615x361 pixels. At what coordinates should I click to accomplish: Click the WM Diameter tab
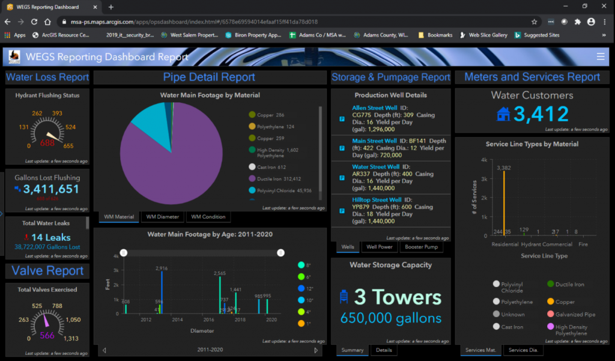(162, 217)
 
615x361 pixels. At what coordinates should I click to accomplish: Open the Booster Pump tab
(422, 247)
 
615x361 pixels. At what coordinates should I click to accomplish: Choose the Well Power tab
(380, 247)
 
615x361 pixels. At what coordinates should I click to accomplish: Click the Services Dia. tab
(522, 350)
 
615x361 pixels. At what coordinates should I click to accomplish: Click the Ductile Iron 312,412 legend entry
(278, 178)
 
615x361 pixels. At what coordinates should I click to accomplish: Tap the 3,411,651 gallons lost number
(51, 190)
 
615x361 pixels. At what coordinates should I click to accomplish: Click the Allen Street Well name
(375, 108)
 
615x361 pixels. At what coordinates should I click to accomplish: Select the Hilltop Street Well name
(377, 200)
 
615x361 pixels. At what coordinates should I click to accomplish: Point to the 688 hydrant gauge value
(47, 144)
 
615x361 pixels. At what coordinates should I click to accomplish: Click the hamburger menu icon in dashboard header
(601, 56)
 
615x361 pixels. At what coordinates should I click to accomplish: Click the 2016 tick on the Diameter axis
(208, 320)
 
